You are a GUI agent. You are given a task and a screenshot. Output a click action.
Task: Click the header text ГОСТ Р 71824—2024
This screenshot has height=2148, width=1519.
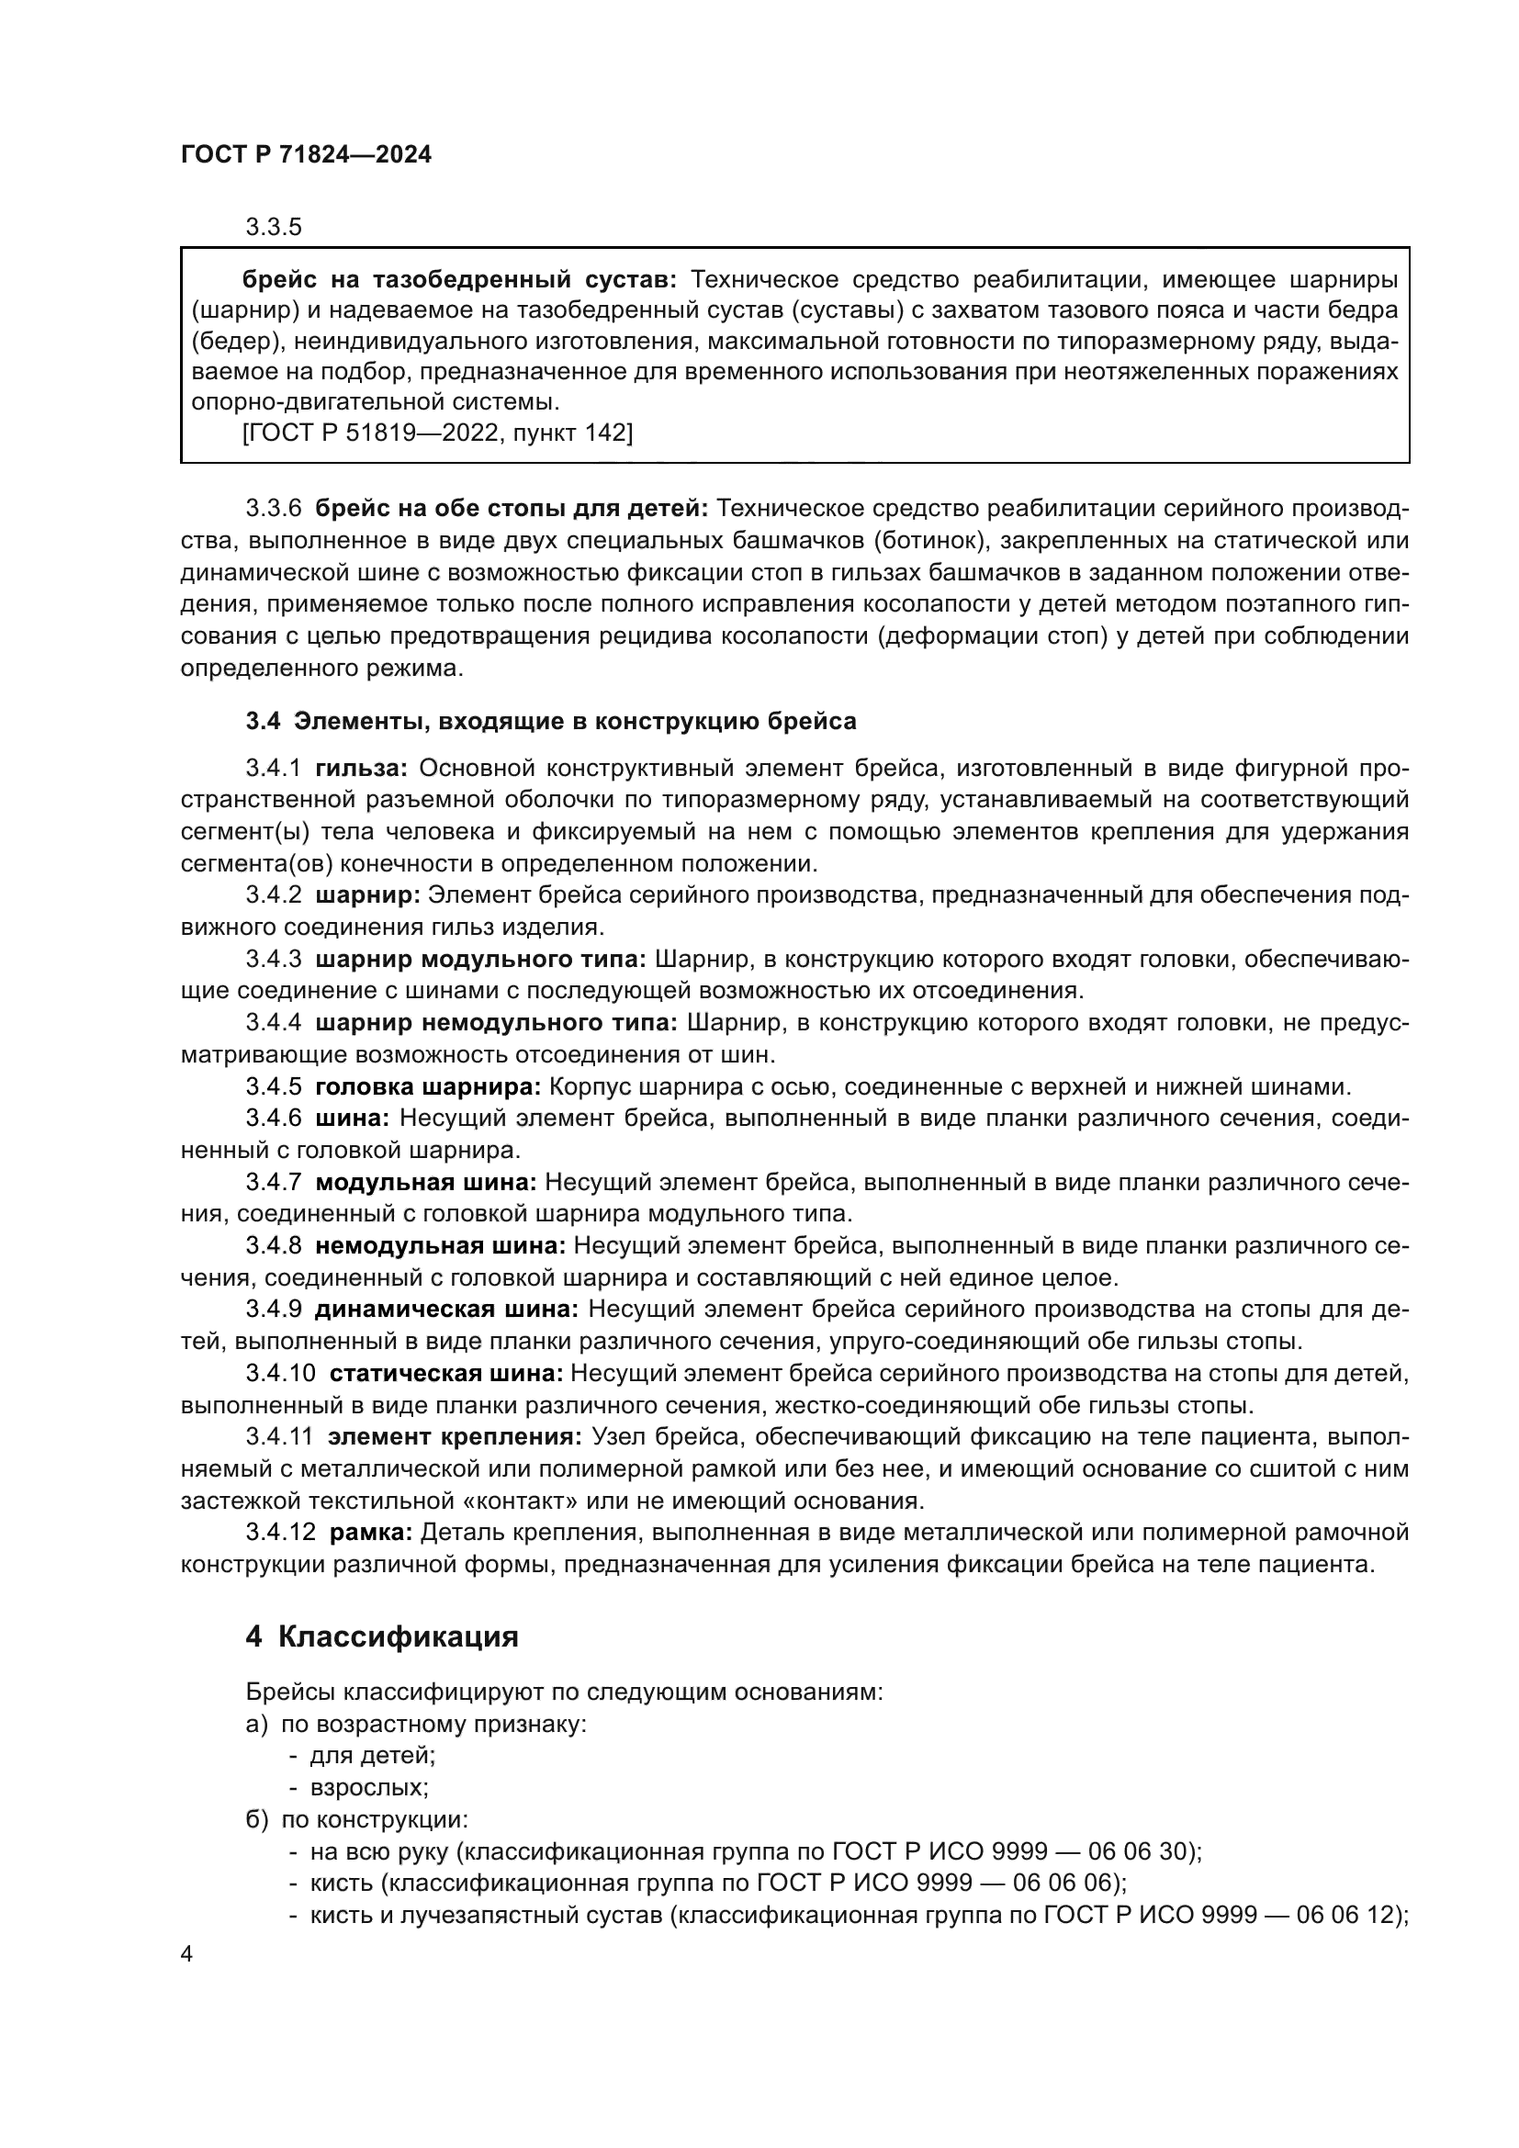coord(306,155)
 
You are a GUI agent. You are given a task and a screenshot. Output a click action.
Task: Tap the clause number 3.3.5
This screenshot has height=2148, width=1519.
coord(273,228)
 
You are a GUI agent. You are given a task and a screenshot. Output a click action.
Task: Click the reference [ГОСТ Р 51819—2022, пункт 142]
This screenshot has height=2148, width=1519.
coord(438,433)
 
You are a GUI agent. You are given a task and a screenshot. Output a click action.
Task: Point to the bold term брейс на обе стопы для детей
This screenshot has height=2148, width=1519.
coord(512,509)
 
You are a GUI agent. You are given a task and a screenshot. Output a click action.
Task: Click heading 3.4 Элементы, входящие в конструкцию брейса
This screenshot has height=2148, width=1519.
coord(551,721)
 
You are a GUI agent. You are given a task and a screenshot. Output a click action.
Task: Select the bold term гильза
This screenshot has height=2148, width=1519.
coord(361,768)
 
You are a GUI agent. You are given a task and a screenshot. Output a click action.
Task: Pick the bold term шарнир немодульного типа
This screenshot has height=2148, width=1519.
coord(497,1022)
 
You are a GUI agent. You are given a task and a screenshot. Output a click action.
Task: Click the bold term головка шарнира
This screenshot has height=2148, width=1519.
coord(428,1087)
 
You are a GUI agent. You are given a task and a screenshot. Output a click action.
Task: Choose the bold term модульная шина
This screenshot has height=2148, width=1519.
coord(425,1183)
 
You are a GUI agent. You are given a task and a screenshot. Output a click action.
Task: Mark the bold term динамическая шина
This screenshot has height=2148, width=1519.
coord(446,1309)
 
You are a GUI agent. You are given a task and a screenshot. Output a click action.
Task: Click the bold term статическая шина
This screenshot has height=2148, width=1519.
coord(446,1373)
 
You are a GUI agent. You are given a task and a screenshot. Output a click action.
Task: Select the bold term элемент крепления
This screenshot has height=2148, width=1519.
coord(456,1437)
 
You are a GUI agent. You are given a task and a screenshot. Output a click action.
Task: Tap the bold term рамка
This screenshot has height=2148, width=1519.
coord(370,1533)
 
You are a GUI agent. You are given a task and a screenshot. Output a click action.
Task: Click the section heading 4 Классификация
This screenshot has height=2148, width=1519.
coord(383,1636)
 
